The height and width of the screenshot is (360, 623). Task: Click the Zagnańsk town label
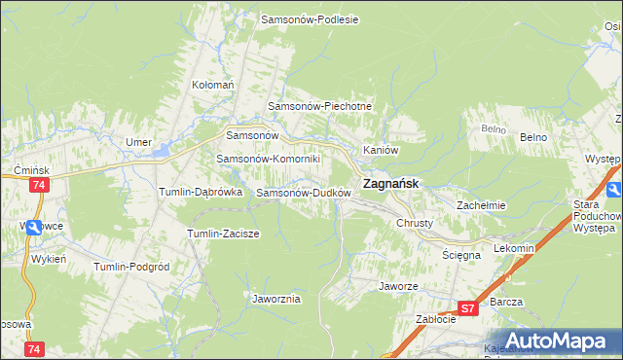(x=391, y=183)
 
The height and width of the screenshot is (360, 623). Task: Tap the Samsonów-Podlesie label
(x=311, y=18)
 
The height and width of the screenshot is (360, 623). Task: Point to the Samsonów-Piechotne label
(x=320, y=106)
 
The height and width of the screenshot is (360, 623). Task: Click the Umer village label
(x=138, y=142)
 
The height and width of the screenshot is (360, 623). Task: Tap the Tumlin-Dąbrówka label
(x=201, y=193)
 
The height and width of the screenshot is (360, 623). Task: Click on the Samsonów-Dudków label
(x=303, y=193)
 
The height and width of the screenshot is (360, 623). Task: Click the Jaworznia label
(x=275, y=299)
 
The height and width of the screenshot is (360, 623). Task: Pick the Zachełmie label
(x=482, y=205)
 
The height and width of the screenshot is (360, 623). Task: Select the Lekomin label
(x=514, y=248)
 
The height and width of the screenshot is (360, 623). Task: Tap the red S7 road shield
(x=468, y=308)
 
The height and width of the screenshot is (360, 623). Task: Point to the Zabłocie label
(x=435, y=318)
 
